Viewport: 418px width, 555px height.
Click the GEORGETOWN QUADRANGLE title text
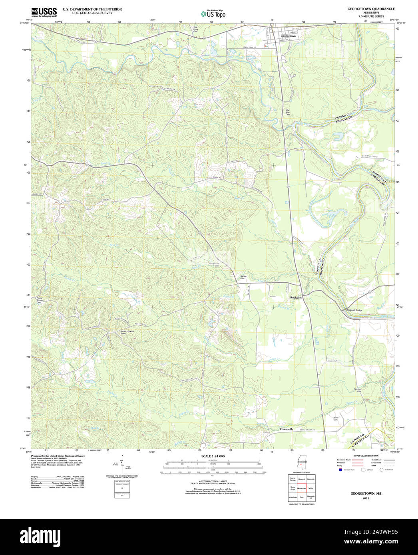click(365, 8)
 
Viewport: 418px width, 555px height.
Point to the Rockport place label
click(296, 297)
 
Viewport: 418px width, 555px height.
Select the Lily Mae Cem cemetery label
click(287, 112)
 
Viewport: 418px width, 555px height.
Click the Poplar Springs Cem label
click(39, 300)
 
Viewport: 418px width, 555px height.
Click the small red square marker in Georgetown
click(265, 47)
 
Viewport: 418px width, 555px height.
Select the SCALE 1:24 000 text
click(213, 456)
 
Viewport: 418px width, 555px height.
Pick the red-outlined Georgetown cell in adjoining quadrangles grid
click(302, 488)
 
